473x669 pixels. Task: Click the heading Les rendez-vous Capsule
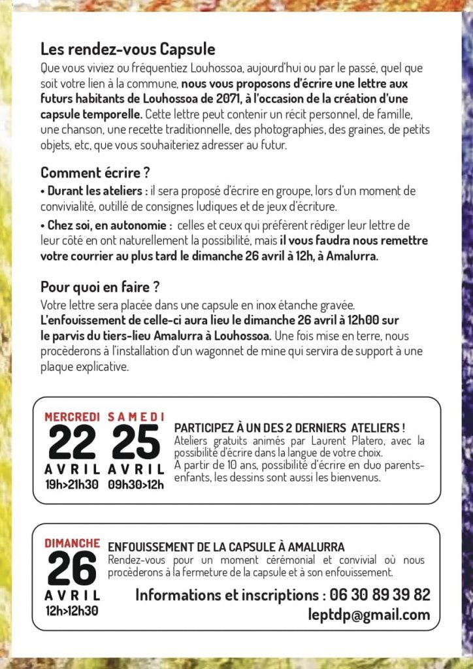point(127,49)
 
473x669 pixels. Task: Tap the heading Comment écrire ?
point(95,173)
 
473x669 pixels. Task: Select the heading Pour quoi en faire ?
point(101,286)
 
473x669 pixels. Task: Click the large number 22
point(71,442)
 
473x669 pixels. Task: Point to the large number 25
point(135,442)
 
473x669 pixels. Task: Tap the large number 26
point(71,568)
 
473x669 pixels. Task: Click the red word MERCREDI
point(72,416)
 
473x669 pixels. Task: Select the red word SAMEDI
point(135,416)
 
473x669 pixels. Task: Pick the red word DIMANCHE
point(72,543)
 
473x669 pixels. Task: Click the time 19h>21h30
point(72,484)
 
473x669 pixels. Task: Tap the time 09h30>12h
point(135,484)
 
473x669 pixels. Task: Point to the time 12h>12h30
point(72,611)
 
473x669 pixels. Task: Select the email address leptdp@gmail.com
point(369,615)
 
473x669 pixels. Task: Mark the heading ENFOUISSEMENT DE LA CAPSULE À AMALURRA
point(226,547)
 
